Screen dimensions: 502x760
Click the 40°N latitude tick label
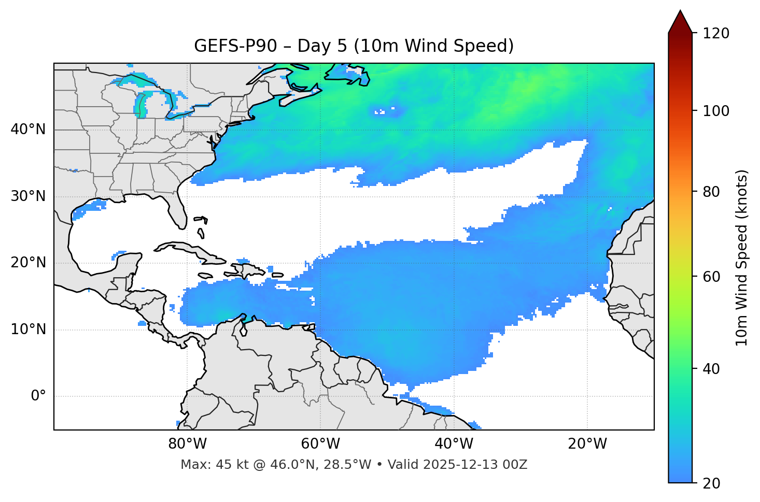(x=28, y=130)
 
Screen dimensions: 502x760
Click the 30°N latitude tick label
(x=28, y=196)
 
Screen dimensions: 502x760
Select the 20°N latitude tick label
(x=28, y=263)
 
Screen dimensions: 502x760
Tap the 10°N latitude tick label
(x=28, y=329)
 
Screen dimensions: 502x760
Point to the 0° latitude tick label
(x=38, y=396)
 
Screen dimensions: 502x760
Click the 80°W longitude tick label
(x=187, y=444)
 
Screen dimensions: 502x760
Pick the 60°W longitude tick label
(x=320, y=444)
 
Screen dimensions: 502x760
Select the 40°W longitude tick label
(x=454, y=444)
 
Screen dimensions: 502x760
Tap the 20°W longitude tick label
(x=587, y=444)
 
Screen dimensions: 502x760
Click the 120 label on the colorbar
(x=716, y=34)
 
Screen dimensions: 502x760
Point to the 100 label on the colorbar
(x=716, y=111)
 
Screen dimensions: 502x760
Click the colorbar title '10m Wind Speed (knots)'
(x=742, y=258)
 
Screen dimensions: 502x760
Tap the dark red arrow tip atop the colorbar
(x=680, y=21)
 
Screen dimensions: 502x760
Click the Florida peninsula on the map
(x=178, y=213)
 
